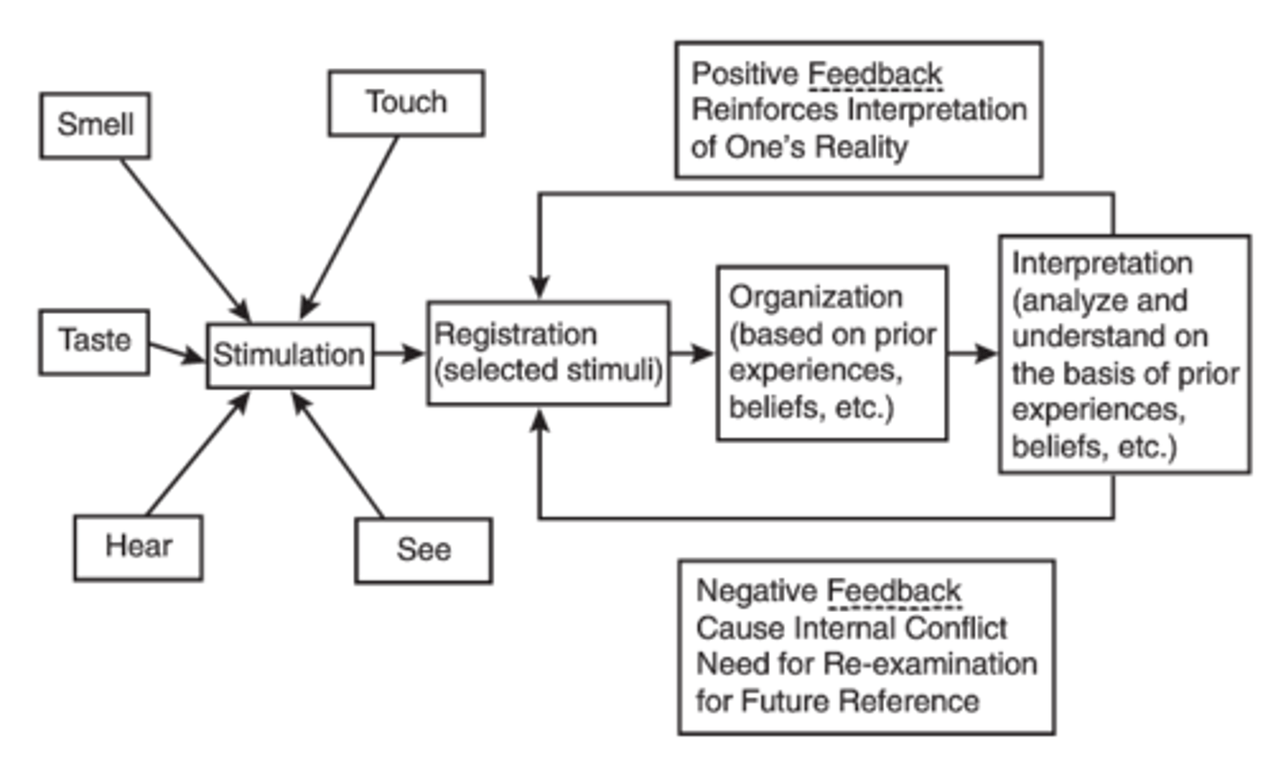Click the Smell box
95,126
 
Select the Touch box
406,103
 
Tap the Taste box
94,341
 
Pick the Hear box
138,547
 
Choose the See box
423,550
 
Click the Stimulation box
289,355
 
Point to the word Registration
515,335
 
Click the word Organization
815,298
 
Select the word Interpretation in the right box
1101,264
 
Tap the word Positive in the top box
744,74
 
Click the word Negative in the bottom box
757,591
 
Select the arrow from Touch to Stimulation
350,226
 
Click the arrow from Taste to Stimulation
176,351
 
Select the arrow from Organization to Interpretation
972,354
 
